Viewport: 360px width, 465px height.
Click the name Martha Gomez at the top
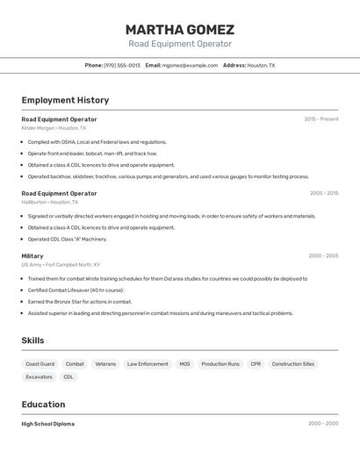coord(180,29)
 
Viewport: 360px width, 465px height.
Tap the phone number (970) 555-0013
coord(122,65)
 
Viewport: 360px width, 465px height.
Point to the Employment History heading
coord(65,100)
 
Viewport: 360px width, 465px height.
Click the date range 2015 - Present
coord(321,119)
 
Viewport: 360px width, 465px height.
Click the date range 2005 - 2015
coord(324,193)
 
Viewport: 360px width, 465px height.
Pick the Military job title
coord(32,256)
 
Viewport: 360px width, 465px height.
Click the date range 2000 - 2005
coord(323,256)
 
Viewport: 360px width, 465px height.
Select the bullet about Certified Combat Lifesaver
coord(76,290)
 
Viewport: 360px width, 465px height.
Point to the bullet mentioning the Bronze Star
coord(80,302)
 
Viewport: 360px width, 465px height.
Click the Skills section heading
coord(32,340)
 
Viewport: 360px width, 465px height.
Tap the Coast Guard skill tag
coord(40,364)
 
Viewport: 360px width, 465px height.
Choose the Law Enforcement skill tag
coord(148,364)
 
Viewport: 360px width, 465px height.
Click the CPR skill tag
coord(256,364)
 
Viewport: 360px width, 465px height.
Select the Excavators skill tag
coord(39,377)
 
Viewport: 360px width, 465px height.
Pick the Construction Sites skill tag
coord(293,364)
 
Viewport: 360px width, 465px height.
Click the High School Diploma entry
coord(48,424)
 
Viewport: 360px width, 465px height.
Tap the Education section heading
coord(43,404)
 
